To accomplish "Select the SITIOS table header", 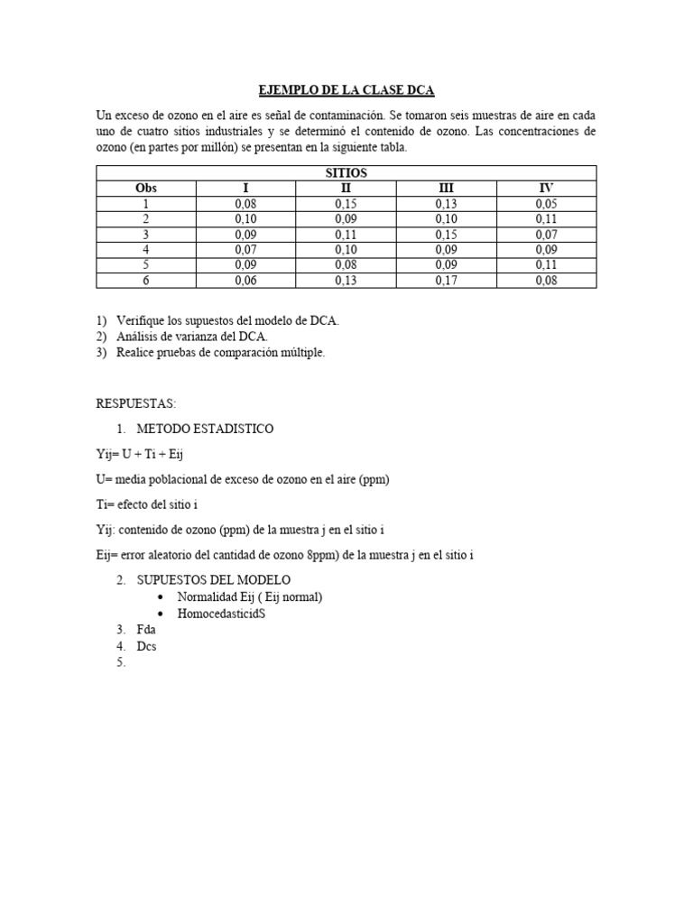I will (346, 172).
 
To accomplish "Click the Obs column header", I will (146, 188).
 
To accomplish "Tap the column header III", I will (446, 188).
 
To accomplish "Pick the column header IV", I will (546, 188).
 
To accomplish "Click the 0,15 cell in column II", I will (346, 204).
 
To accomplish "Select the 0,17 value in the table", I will (446, 281).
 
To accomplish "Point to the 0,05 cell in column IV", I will (546, 204).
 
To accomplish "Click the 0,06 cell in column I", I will (245, 281).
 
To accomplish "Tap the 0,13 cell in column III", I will (446, 204).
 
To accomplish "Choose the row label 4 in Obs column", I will (146, 250).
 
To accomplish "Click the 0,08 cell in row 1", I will (245, 204).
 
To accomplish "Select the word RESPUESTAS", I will (135, 403).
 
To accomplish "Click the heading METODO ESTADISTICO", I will (204, 429).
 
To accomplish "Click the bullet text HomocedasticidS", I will (221, 613).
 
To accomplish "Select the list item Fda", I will (146, 630).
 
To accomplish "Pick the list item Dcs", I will (146, 646).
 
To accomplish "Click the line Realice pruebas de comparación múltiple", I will (220, 352).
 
